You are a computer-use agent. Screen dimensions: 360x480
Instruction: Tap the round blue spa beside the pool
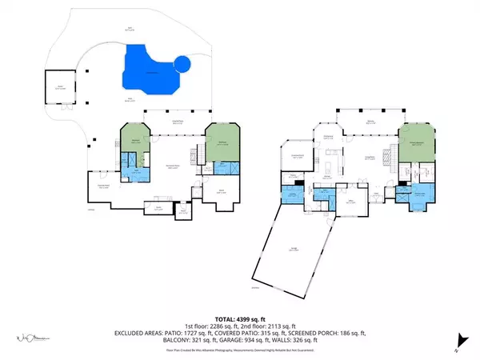[x=182, y=64]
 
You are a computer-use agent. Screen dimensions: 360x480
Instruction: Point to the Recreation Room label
[x=171, y=166]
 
